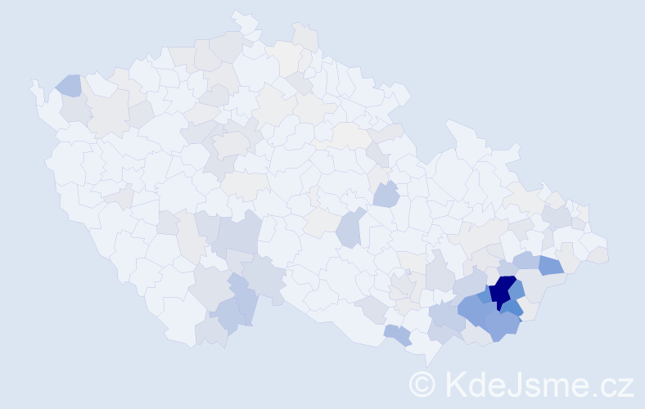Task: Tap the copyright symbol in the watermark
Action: tap(422, 384)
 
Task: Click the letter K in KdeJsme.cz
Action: tap(457, 384)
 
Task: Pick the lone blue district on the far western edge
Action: tap(69, 84)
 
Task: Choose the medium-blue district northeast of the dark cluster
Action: tap(550, 264)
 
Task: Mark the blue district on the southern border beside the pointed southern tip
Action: tap(398, 335)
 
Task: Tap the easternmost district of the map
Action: tap(598, 254)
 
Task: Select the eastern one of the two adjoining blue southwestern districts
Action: tap(244, 303)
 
